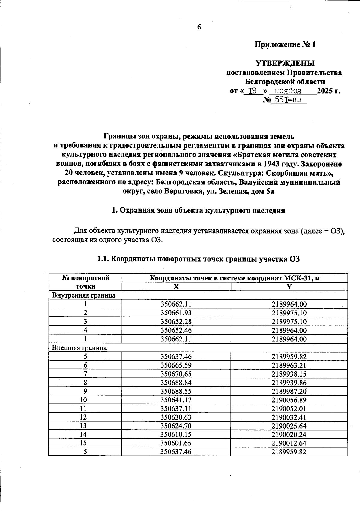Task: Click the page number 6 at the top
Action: [x=199, y=27]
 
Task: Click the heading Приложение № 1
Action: [x=285, y=45]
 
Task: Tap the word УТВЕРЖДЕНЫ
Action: [x=285, y=64]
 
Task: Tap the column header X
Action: [x=176, y=286]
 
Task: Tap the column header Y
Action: [x=289, y=286]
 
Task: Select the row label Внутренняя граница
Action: [x=84, y=295]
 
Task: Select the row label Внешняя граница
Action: [x=79, y=348]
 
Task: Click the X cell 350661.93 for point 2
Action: [x=176, y=313]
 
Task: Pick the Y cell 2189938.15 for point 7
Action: [x=289, y=374]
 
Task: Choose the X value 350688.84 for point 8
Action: [x=176, y=383]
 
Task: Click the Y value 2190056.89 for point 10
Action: [x=289, y=400]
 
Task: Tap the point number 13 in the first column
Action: [x=85, y=426]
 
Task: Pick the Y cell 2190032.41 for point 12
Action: [x=289, y=417]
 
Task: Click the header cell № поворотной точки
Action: [x=85, y=282]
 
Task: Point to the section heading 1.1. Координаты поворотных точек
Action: [x=199, y=259]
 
